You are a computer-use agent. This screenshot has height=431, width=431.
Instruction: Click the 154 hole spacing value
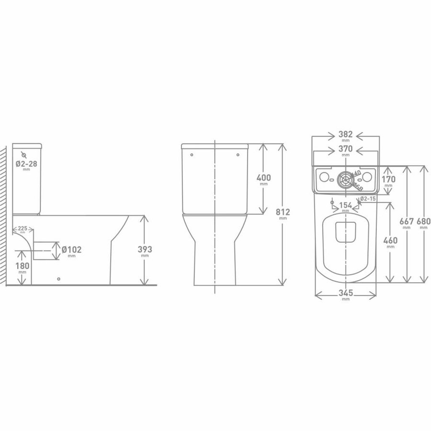[x=346, y=205]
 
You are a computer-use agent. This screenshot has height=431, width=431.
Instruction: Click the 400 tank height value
[x=264, y=178]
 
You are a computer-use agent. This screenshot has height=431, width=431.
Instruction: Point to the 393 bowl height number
[x=145, y=250]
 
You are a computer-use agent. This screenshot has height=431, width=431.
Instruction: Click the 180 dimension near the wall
[x=23, y=266]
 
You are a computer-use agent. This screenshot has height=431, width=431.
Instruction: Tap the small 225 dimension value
[x=23, y=228]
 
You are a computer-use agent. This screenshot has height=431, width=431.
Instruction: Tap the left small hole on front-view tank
[x=192, y=155]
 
